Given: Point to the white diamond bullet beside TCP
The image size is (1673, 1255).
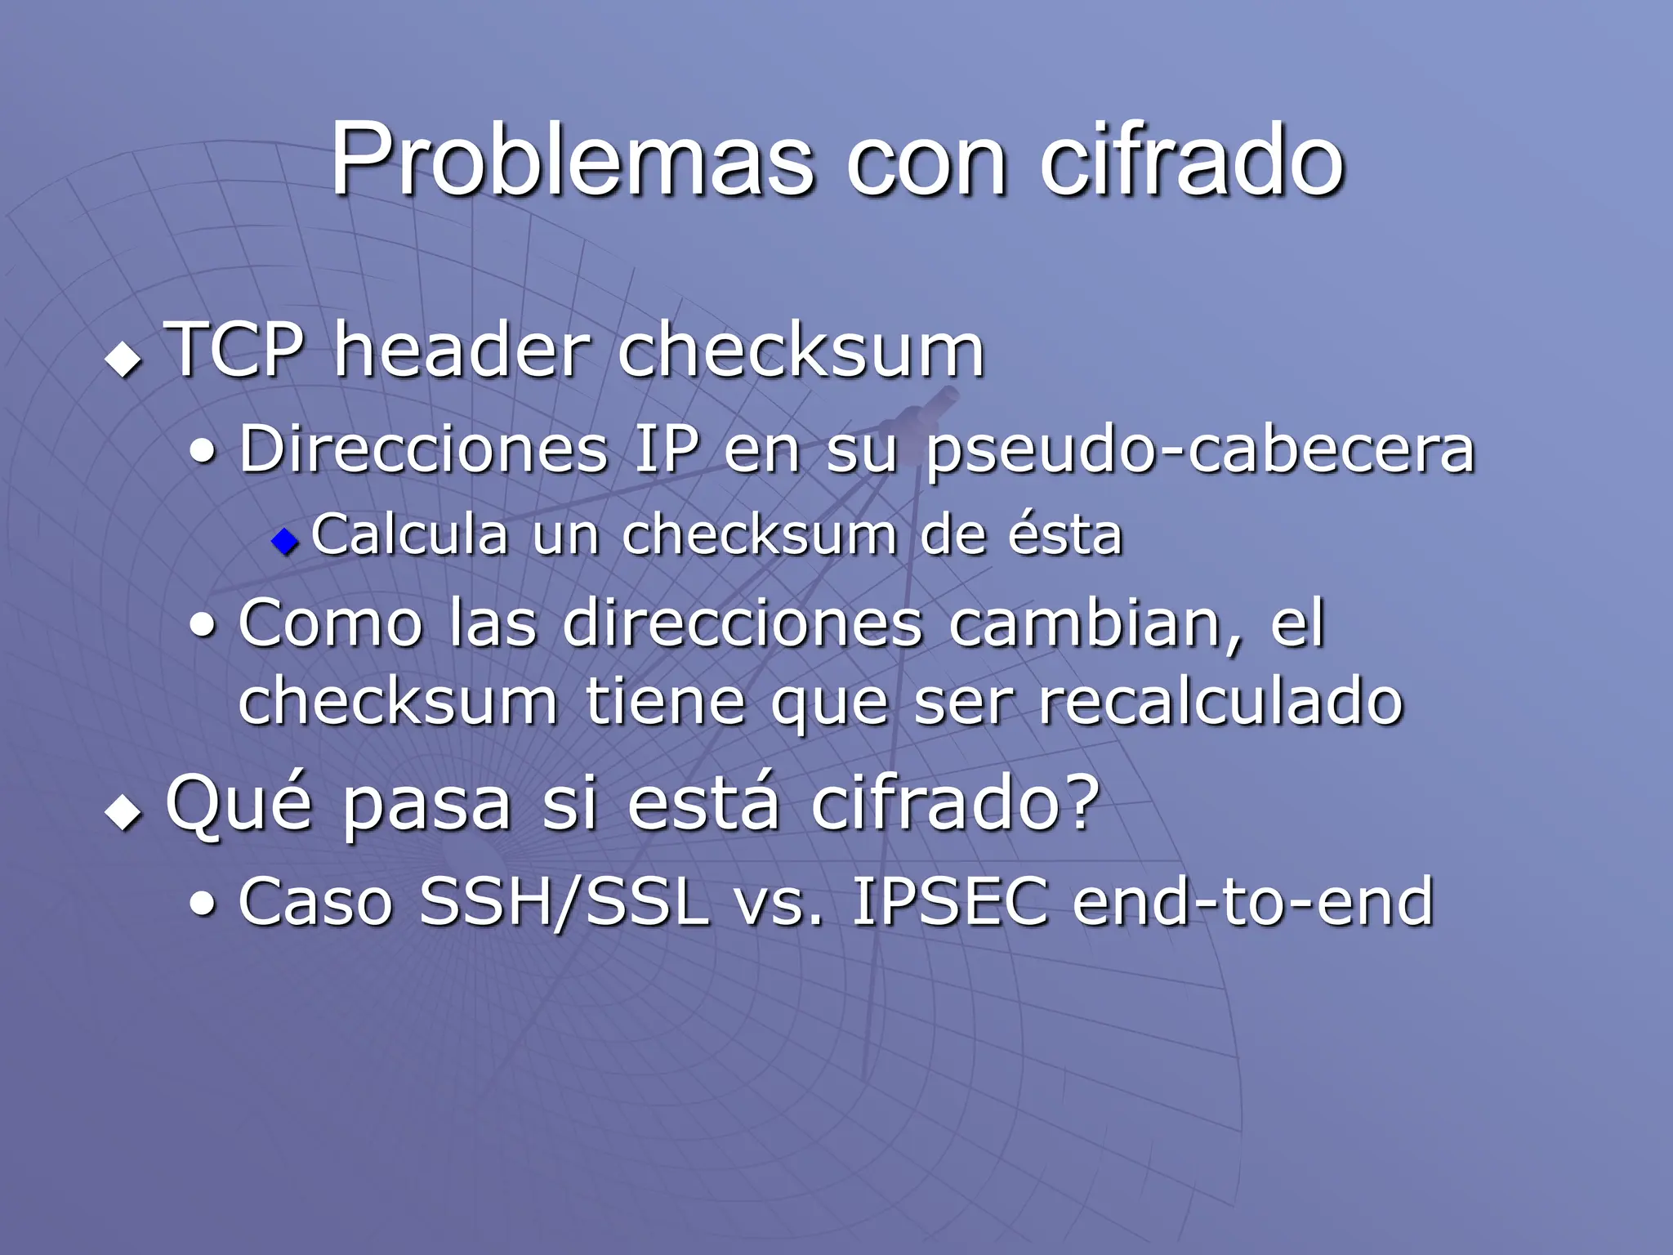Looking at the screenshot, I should [x=123, y=360].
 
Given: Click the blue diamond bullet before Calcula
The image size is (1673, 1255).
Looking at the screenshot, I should [x=285, y=540].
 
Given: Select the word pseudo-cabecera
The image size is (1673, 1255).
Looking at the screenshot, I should [x=1200, y=451].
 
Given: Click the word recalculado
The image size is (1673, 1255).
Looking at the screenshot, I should [x=1220, y=701].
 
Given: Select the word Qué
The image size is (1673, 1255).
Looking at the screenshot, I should [x=239, y=804].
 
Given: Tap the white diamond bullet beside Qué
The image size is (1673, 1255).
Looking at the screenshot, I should [x=123, y=813].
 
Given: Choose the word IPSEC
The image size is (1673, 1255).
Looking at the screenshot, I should [x=949, y=902].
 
